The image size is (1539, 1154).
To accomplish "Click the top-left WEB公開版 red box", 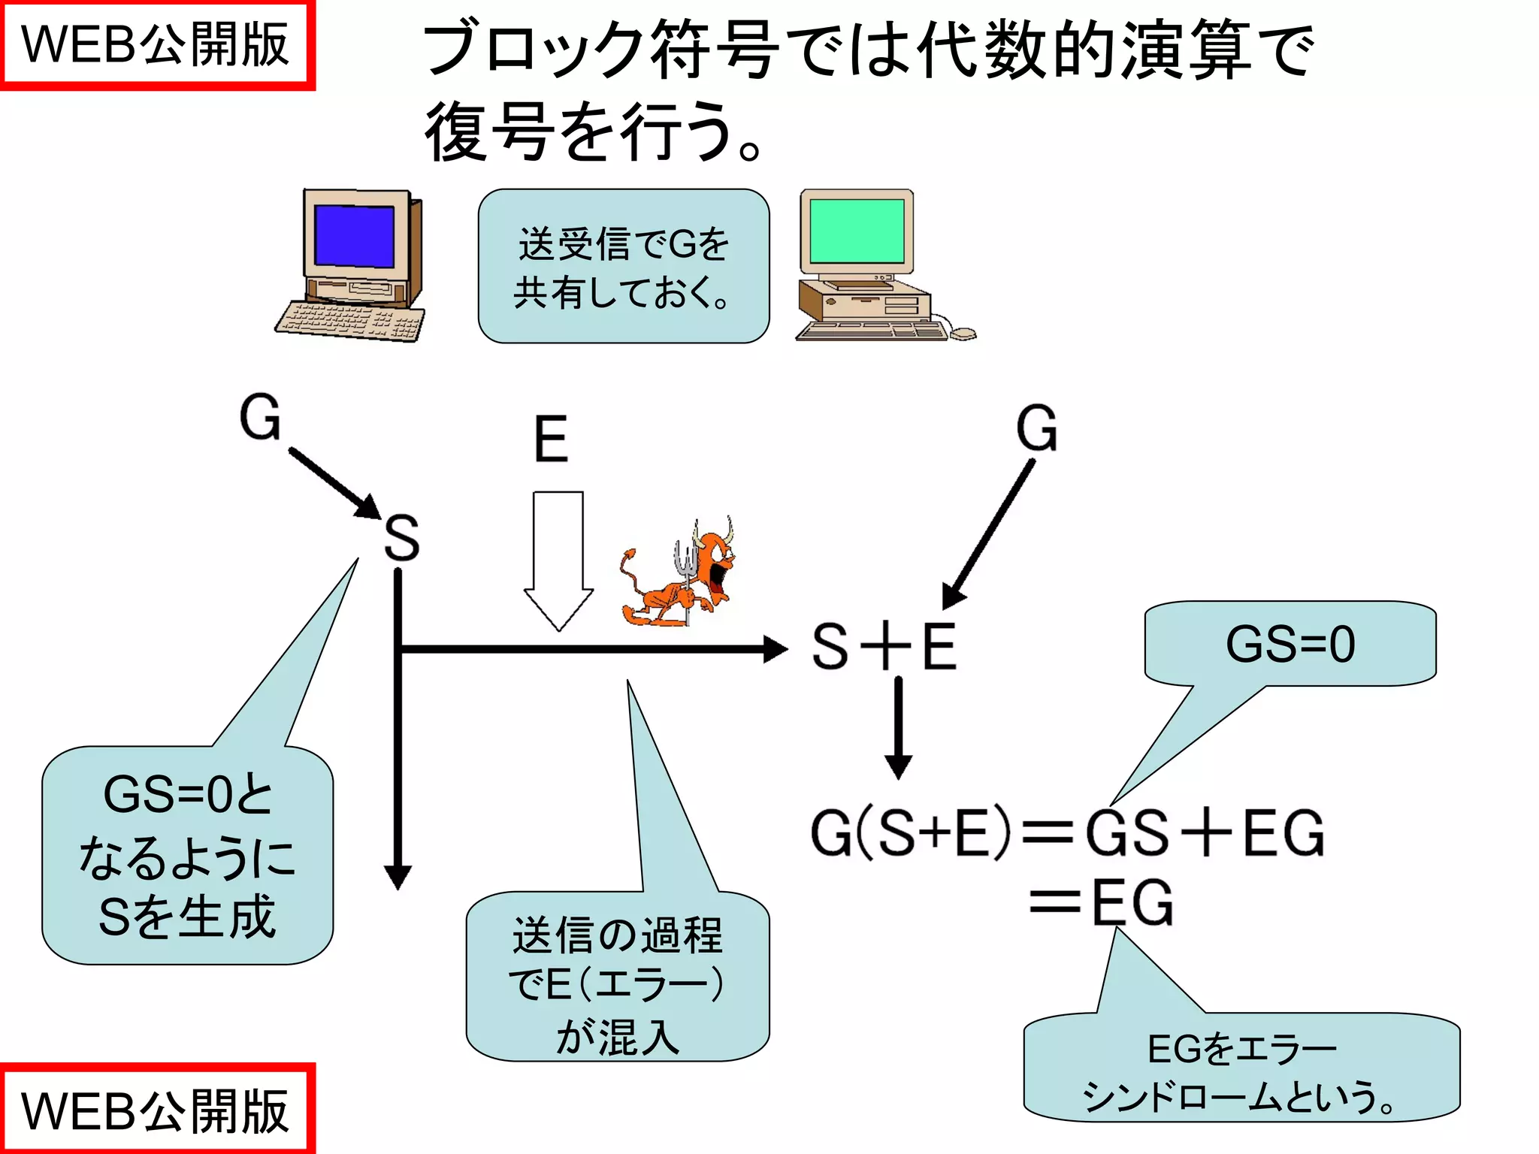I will [156, 44].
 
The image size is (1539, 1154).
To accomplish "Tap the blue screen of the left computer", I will [354, 235].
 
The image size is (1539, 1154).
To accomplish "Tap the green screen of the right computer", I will [857, 231].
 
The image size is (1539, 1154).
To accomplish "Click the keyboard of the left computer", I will [350, 322].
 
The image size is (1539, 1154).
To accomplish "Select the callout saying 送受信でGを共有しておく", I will [623, 267].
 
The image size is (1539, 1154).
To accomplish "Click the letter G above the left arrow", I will [260, 418].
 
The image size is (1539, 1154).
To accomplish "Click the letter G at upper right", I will [1037, 428].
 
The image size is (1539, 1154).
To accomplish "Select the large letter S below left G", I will [401, 538].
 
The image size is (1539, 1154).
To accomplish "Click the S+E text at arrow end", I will [884, 647].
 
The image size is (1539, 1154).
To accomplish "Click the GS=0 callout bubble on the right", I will [1290, 645].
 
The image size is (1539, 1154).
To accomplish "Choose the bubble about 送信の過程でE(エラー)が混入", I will [617, 977].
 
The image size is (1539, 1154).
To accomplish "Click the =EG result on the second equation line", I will [1101, 902].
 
